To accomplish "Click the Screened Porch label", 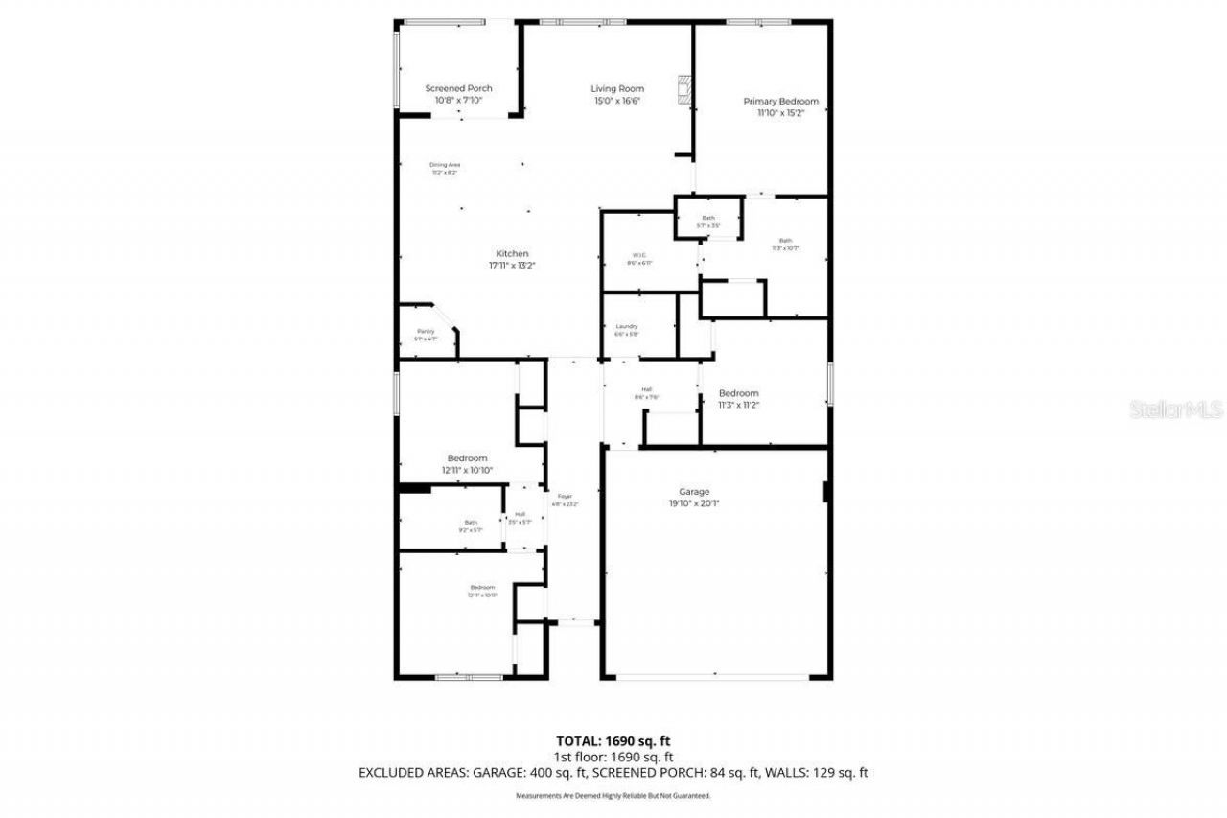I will click(x=458, y=93).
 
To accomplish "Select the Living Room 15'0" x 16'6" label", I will click(x=616, y=94).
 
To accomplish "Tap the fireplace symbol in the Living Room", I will click(x=683, y=88).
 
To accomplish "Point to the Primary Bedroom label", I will click(x=780, y=106).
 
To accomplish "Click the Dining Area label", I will click(x=444, y=168).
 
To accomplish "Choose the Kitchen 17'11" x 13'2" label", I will click(x=512, y=259).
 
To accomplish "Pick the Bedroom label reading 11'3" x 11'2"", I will click(x=738, y=399).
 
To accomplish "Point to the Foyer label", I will click(x=565, y=500).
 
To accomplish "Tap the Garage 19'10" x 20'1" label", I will click(x=688, y=497).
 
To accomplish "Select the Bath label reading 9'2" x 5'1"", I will click(x=471, y=526).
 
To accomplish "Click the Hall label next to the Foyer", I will click(x=520, y=518).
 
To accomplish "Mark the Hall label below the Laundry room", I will click(x=646, y=392).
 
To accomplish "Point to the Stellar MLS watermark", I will click(x=1176, y=409).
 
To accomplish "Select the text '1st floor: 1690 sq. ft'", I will click(x=613, y=756).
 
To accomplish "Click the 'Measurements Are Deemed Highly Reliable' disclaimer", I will click(x=613, y=795).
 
